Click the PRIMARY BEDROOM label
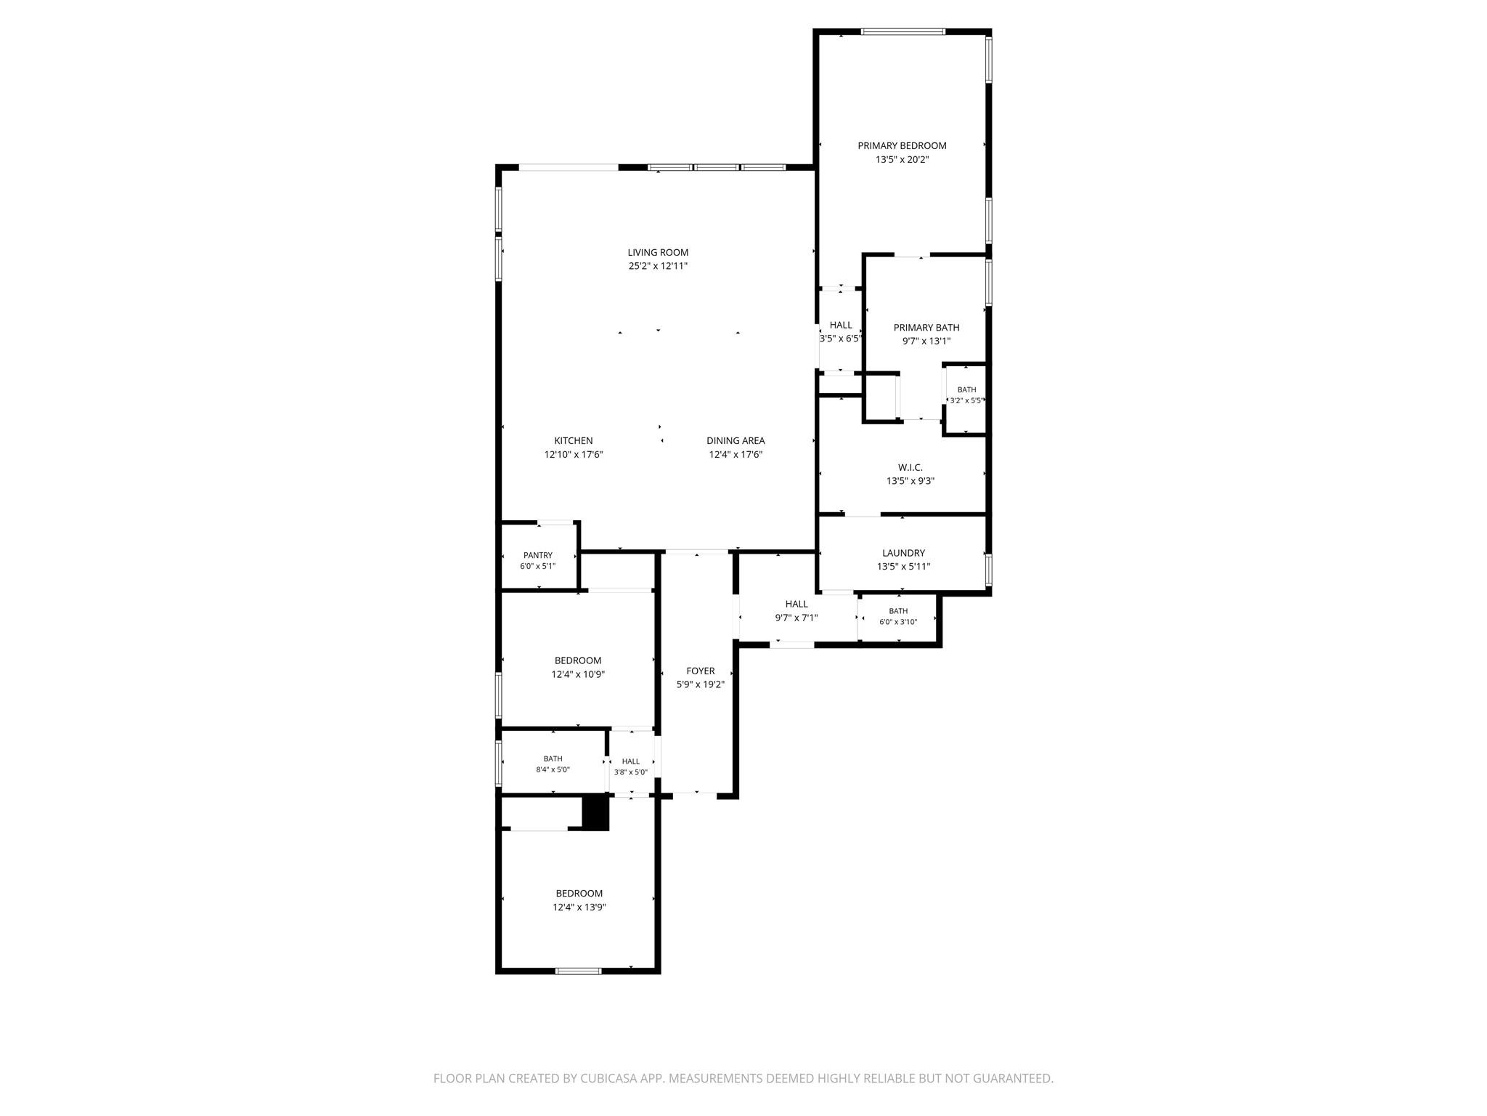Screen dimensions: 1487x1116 click(902, 146)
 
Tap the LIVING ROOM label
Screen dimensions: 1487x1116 click(658, 253)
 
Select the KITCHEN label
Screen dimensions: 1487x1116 click(574, 441)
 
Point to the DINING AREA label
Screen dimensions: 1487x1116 click(736, 441)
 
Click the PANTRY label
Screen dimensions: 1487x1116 click(538, 556)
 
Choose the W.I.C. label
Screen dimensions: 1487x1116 click(910, 468)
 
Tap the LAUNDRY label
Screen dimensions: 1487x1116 click(903, 554)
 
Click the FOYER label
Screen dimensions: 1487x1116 click(701, 671)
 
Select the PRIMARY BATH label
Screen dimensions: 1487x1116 click(926, 328)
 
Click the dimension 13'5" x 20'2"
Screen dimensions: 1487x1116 click(902, 160)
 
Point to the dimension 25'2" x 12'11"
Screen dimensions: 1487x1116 click(658, 267)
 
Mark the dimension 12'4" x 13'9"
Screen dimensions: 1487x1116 click(579, 907)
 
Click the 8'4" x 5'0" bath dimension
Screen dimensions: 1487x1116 click(553, 770)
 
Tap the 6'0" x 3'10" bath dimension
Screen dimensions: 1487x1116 click(898, 623)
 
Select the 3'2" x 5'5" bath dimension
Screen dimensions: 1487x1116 click(966, 401)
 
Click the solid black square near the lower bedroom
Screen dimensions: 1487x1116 click(595, 813)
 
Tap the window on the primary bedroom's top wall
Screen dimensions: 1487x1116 click(903, 32)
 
